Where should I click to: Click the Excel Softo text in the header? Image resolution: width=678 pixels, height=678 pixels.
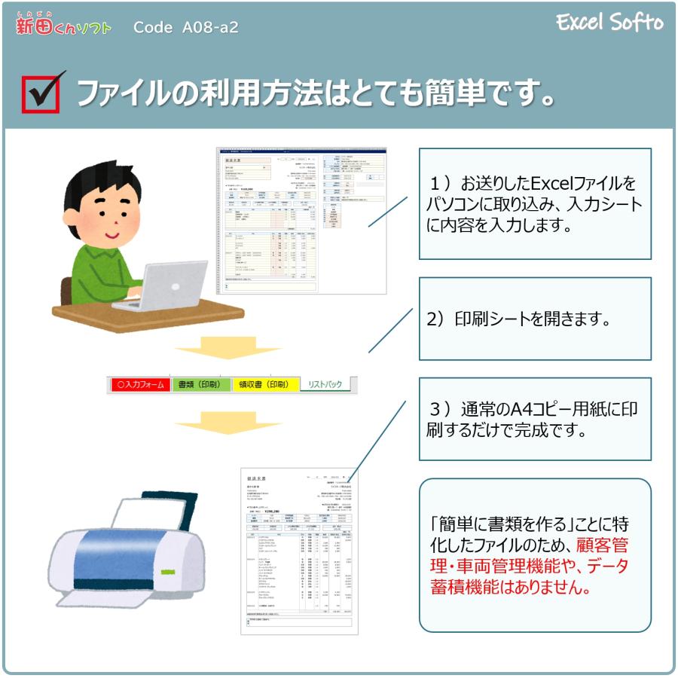tap(609, 23)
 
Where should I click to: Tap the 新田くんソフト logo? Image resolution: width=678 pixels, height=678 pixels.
tap(63, 26)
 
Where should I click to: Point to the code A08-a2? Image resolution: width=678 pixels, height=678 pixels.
tap(185, 28)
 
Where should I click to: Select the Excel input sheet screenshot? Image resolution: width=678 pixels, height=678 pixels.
tap(301, 220)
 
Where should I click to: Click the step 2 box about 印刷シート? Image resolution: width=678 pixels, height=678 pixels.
tap(535, 319)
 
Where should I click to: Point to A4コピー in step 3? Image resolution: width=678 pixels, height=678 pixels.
tap(535, 409)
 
